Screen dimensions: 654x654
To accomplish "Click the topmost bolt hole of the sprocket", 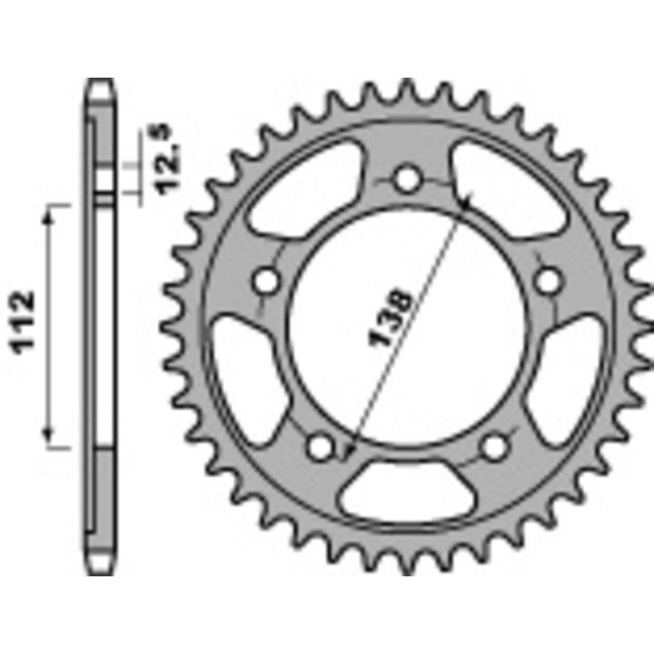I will click(x=405, y=179).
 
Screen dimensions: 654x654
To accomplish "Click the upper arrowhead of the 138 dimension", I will click(x=467, y=200).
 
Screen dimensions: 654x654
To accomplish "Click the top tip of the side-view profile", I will click(x=100, y=82).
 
